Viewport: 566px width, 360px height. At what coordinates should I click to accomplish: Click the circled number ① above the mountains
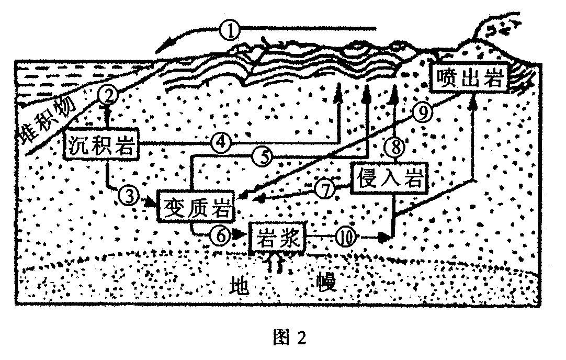coord(230,30)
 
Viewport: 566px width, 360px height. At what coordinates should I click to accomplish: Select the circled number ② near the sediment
coord(107,96)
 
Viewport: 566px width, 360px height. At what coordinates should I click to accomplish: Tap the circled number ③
coord(129,196)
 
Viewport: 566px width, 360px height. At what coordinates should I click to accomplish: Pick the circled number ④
coord(221,142)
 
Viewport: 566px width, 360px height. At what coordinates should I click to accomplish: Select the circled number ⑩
coord(346,238)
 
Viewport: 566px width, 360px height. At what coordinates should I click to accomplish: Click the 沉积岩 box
coord(101,143)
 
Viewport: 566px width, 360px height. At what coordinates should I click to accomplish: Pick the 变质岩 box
coord(196,206)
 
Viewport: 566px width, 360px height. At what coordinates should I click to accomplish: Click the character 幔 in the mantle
coord(326,282)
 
